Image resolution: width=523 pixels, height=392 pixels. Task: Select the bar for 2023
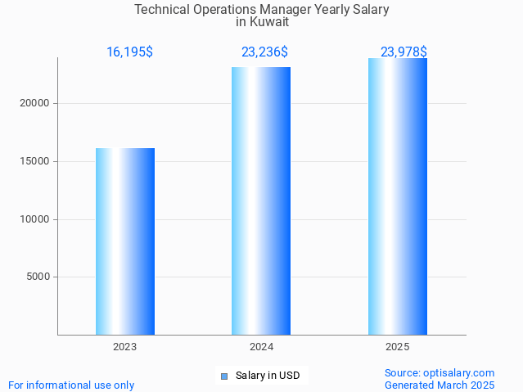(x=125, y=241)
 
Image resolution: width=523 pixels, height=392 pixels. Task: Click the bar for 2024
(x=261, y=201)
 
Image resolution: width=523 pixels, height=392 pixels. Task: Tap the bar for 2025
(x=398, y=196)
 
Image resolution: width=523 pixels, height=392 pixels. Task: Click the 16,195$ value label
(x=129, y=52)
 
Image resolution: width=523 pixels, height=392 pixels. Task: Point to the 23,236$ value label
(x=264, y=52)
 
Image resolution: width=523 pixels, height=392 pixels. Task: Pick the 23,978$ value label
(x=404, y=52)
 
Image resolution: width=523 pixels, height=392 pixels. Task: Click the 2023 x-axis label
(x=125, y=347)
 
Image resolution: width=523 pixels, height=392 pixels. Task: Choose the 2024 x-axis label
(x=261, y=347)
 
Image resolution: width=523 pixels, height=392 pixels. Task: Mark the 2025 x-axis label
(x=398, y=347)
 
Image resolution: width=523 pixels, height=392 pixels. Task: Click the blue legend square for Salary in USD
(x=224, y=376)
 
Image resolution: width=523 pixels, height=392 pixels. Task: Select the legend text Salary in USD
(x=268, y=376)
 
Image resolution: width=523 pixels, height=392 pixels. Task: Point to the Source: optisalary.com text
(x=440, y=372)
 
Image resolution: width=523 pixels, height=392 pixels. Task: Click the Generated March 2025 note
(x=440, y=385)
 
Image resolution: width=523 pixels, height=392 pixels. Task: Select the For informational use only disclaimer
(x=71, y=385)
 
